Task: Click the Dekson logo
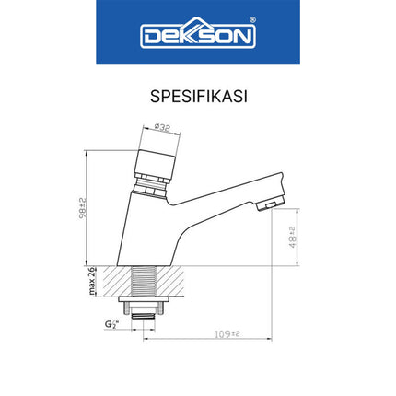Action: click(x=197, y=37)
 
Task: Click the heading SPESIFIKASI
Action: click(x=197, y=95)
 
